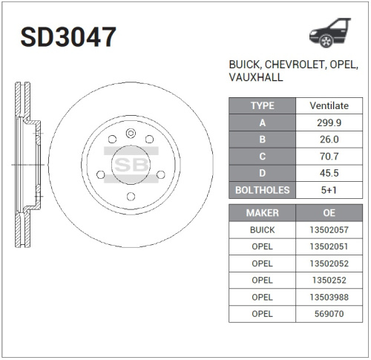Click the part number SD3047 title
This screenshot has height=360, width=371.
(x=68, y=36)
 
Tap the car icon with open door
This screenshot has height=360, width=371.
(x=329, y=33)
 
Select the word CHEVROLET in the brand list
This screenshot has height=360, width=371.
(x=291, y=65)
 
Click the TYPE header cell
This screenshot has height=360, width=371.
(x=263, y=105)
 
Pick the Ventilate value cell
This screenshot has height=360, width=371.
(x=330, y=105)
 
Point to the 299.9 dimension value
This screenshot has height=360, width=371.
(x=330, y=122)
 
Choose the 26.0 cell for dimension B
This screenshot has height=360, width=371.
(x=330, y=140)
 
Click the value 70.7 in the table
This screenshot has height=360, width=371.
(x=330, y=157)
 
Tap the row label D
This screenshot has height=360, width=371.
(x=263, y=174)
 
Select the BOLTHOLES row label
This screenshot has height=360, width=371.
(x=263, y=191)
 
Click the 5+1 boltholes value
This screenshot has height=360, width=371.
(x=330, y=191)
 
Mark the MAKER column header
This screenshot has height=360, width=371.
(x=263, y=213)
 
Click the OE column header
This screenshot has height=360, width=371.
(x=330, y=213)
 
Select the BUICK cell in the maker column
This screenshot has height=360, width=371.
(x=263, y=230)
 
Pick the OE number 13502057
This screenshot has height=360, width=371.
(x=330, y=230)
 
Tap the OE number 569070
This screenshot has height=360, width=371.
(x=330, y=314)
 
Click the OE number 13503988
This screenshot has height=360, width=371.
(x=330, y=297)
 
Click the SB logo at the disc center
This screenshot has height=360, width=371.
(x=131, y=164)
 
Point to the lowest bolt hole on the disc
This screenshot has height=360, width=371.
(x=131, y=196)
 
